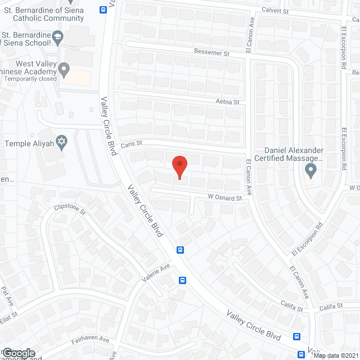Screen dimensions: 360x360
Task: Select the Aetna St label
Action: pyautogui.click(x=227, y=102)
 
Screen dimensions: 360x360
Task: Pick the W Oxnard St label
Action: pyautogui.click(x=225, y=197)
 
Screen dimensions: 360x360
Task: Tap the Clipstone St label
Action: pyautogui.click(x=69, y=210)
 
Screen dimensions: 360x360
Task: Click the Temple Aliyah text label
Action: pyautogui.click(x=29, y=143)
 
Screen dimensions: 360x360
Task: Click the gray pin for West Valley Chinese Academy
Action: pyautogui.click(x=64, y=70)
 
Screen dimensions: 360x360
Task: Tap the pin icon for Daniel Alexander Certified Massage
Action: pyautogui.click(x=310, y=169)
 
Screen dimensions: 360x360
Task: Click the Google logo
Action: pyautogui.click(x=18, y=353)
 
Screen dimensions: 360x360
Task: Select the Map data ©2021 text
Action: pyautogui.click(x=336, y=355)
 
